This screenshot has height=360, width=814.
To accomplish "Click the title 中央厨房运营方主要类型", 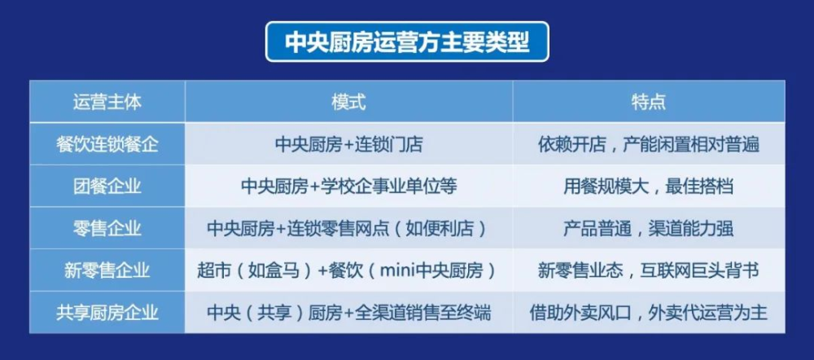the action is point(407,42).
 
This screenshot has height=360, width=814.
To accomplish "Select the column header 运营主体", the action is point(107,102).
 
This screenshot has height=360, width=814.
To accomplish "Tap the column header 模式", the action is point(349,102).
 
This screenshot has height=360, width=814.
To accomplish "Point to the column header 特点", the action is point(649,102).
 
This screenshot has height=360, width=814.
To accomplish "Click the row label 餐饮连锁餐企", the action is point(107,144).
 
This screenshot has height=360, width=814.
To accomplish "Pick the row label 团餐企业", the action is point(107,186).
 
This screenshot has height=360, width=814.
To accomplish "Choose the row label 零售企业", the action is point(107,228).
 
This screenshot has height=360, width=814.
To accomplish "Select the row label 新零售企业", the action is point(107,270).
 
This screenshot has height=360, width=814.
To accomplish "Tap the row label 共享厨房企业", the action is point(107,313).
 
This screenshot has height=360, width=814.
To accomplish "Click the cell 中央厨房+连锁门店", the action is point(349,144).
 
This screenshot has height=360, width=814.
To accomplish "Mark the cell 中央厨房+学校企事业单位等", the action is point(349,186).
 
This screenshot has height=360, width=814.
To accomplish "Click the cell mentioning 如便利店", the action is point(349,228).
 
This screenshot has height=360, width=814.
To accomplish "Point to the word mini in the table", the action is point(398,270).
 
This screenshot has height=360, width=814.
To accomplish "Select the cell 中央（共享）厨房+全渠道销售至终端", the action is point(349,313).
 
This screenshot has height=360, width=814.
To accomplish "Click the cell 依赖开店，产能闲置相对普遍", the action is point(649,144).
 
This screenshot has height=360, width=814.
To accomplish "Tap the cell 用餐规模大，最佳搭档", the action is point(649,186).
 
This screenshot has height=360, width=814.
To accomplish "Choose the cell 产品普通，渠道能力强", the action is point(649,228).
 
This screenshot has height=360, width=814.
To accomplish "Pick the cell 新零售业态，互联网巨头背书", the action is point(649,270).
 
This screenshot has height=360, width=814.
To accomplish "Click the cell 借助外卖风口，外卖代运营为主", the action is point(649,313).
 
